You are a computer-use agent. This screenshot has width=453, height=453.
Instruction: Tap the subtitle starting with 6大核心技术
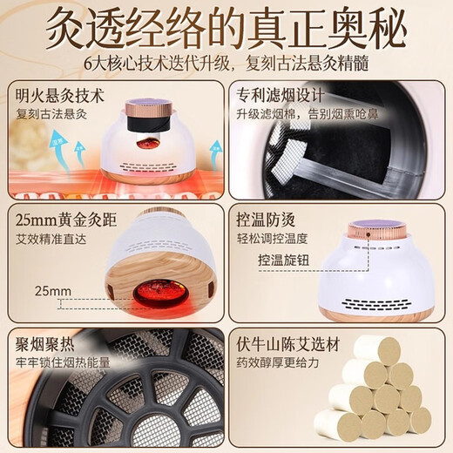[x=226, y=65]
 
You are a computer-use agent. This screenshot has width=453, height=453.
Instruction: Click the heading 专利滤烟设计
[x=277, y=92]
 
